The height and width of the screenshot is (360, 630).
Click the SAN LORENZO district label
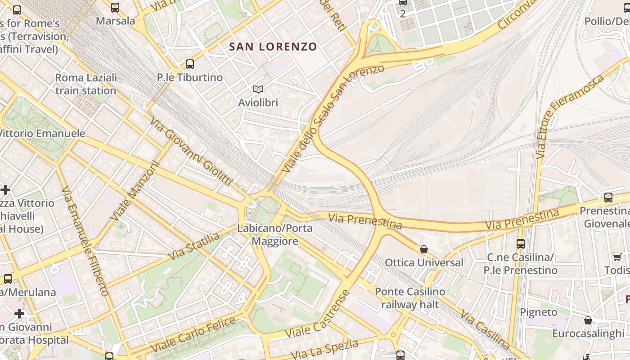[273, 47]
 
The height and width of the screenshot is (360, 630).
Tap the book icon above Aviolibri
[258, 90]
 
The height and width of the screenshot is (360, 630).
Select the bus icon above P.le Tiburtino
[190, 64]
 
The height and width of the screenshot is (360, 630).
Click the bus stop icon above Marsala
[115, 8]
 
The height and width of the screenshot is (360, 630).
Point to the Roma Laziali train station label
[85, 84]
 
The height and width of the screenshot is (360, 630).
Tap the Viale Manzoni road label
[135, 191]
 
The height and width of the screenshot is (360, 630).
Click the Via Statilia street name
[194, 247]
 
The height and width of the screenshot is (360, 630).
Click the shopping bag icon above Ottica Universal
[423, 249]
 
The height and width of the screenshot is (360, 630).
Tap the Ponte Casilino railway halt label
[409, 298]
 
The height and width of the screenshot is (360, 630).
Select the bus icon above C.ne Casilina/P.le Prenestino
[520, 244]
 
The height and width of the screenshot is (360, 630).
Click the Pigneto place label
[538, 312]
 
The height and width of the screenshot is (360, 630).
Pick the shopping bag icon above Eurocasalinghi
[588, 320]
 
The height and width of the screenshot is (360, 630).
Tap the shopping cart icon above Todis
[617, 257]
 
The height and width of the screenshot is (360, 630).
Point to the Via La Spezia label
[324, 350]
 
